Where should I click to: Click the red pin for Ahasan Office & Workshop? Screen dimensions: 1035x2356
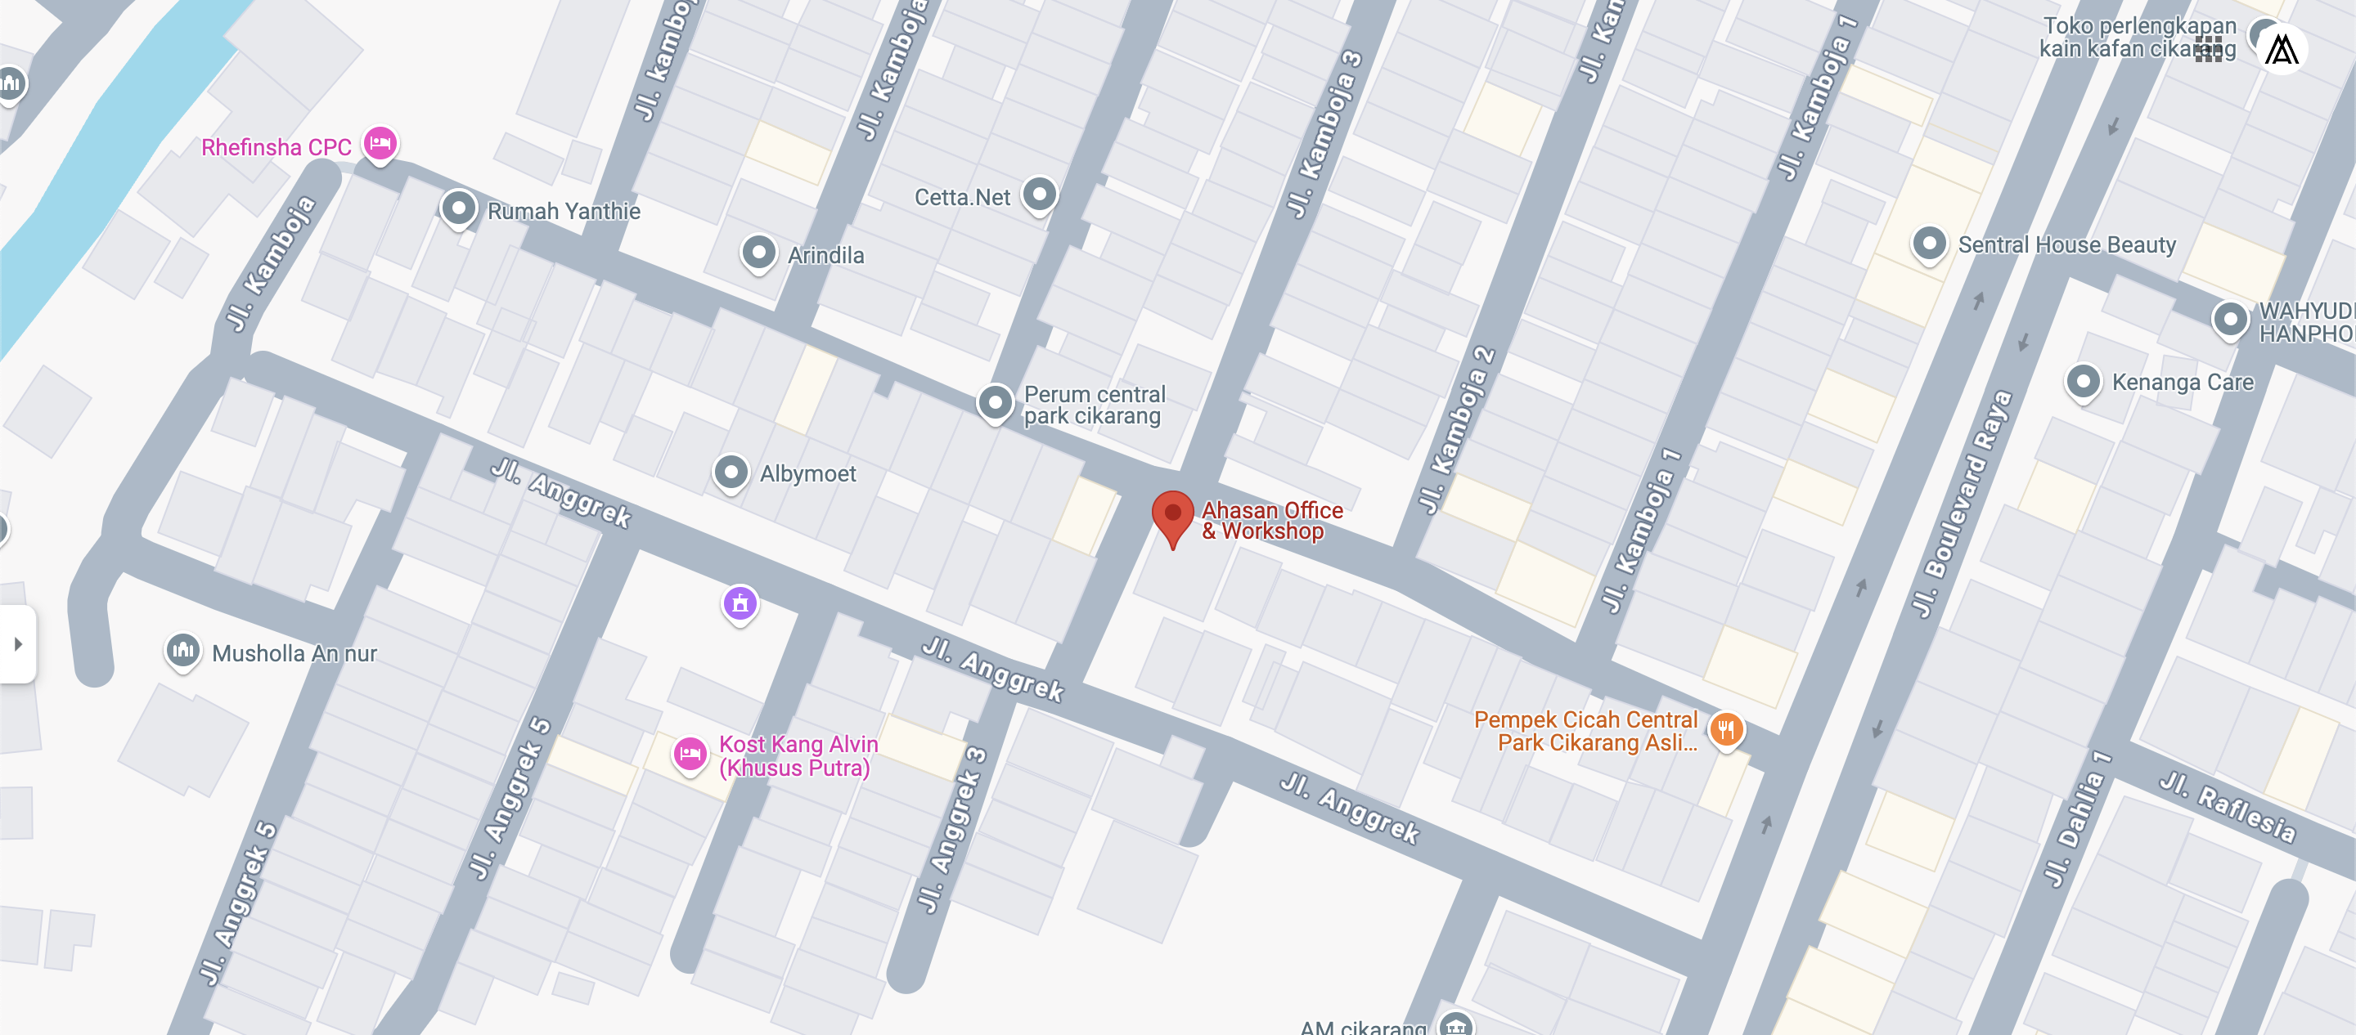[1171, 516]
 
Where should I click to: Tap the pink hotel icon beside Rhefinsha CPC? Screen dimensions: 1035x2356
[380, 144]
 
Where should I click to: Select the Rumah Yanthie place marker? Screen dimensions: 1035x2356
[458, 208]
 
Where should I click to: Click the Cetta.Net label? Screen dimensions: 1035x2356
[962, 198]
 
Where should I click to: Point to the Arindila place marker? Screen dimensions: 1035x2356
[758, 252]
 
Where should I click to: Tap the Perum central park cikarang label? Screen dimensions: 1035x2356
[1094, 405]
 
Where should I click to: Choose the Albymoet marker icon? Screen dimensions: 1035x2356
[731, 472]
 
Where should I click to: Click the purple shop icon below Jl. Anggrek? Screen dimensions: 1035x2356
[740, 603]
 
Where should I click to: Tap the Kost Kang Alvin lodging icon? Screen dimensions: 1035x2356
[690, 755]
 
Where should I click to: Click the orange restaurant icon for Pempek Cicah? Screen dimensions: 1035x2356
[1726, 729]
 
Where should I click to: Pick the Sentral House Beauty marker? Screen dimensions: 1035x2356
[1929, 243]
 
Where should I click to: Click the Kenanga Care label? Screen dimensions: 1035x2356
[2183, 382]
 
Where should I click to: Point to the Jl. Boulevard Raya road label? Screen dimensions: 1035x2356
[1961, 503]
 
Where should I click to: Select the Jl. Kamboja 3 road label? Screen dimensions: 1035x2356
[1324, 136]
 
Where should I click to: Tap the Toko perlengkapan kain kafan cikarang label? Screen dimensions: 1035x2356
[2138, 38]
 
